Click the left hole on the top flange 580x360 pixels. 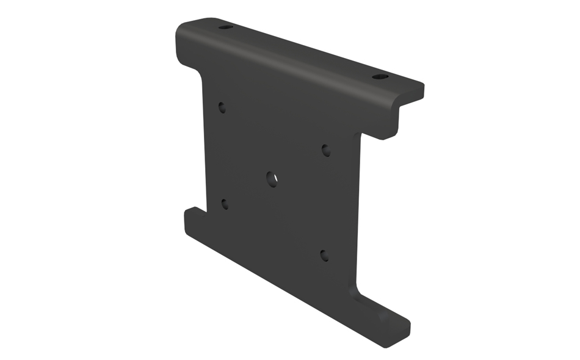225,27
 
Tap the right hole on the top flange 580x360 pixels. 380,77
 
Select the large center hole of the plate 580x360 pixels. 272,178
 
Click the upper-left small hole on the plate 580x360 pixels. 222,108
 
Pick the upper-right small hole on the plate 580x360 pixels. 326,150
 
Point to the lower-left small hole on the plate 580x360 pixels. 225,204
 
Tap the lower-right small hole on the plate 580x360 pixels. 325,256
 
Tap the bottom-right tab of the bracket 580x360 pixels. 385,320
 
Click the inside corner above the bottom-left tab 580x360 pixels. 204,211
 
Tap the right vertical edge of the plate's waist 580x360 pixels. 356,214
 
